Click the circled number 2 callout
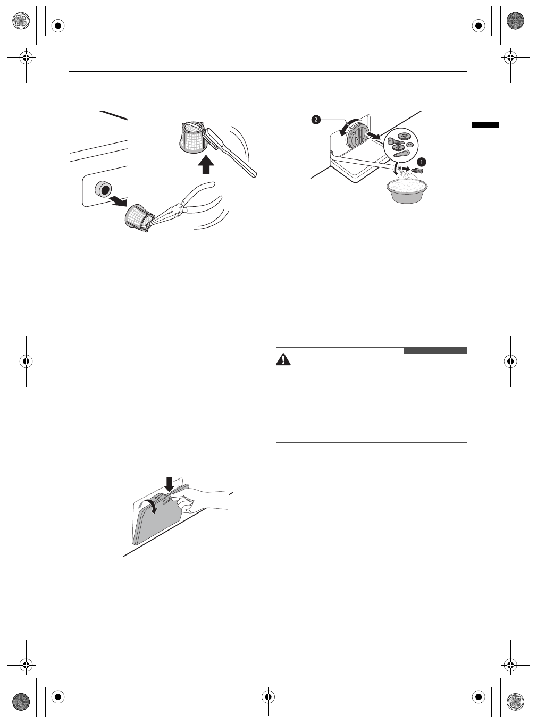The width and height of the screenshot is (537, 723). pyautogui.click(x=316, y=120)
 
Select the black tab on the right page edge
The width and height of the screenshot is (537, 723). pyautogui.click(x=485, y=125)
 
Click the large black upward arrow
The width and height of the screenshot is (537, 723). pyautogui.click(x=205, y=165)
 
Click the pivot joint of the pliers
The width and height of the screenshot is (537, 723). pyautogui.click(x=181, y=209)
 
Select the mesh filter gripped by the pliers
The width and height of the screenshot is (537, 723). pyautogui.click(x=138, y=217)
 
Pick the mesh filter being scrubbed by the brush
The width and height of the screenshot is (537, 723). pyautogui.click(x=190, y=137)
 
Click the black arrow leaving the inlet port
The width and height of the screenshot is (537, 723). pyautogui.click(x=119, y=200)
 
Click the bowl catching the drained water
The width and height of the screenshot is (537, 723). pyautogui.click(x=408, y=190)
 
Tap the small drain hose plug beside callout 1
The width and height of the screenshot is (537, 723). pyautogui.click(x=417, y=170)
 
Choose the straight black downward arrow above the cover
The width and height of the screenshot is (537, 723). pyautogui.click(x=169, y=484)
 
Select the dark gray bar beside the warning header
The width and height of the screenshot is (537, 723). pyautogui.click(x=435, y=350)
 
